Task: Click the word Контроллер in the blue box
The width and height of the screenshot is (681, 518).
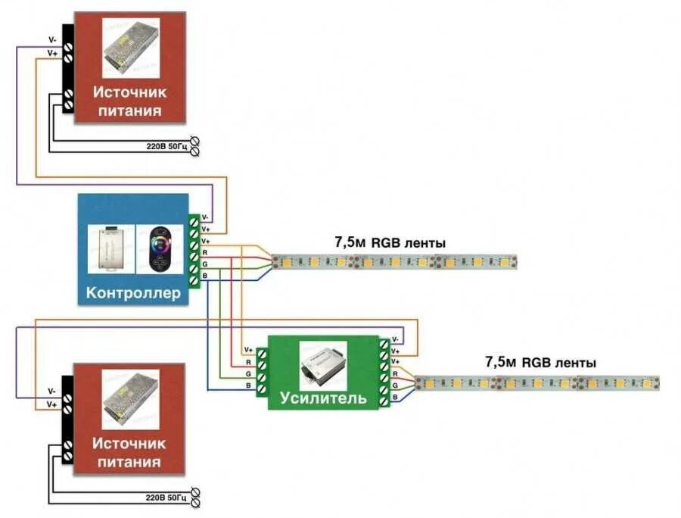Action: click(133, 292)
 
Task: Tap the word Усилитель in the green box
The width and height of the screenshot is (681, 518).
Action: click(323, 397)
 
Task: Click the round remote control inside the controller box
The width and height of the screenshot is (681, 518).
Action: click(160, 248)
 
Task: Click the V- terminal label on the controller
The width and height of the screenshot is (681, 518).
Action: click(205, 217)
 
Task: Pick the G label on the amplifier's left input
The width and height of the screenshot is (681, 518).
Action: click(247, 375)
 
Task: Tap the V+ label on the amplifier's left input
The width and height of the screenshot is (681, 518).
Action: click(247, 350)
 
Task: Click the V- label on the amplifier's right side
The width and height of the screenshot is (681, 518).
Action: click(396, 340)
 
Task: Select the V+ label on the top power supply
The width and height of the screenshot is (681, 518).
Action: click(52, 54)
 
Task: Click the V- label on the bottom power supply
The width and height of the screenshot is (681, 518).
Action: click(51, 391)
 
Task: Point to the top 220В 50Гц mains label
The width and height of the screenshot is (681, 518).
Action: click(166, 145)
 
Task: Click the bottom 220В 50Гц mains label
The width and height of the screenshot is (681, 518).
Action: click(166, 498)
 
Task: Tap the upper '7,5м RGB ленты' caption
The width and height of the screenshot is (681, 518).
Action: click(390, 243)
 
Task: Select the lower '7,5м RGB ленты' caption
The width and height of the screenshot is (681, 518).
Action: click(540, 363)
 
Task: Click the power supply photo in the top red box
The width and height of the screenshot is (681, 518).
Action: click(131, 47)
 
